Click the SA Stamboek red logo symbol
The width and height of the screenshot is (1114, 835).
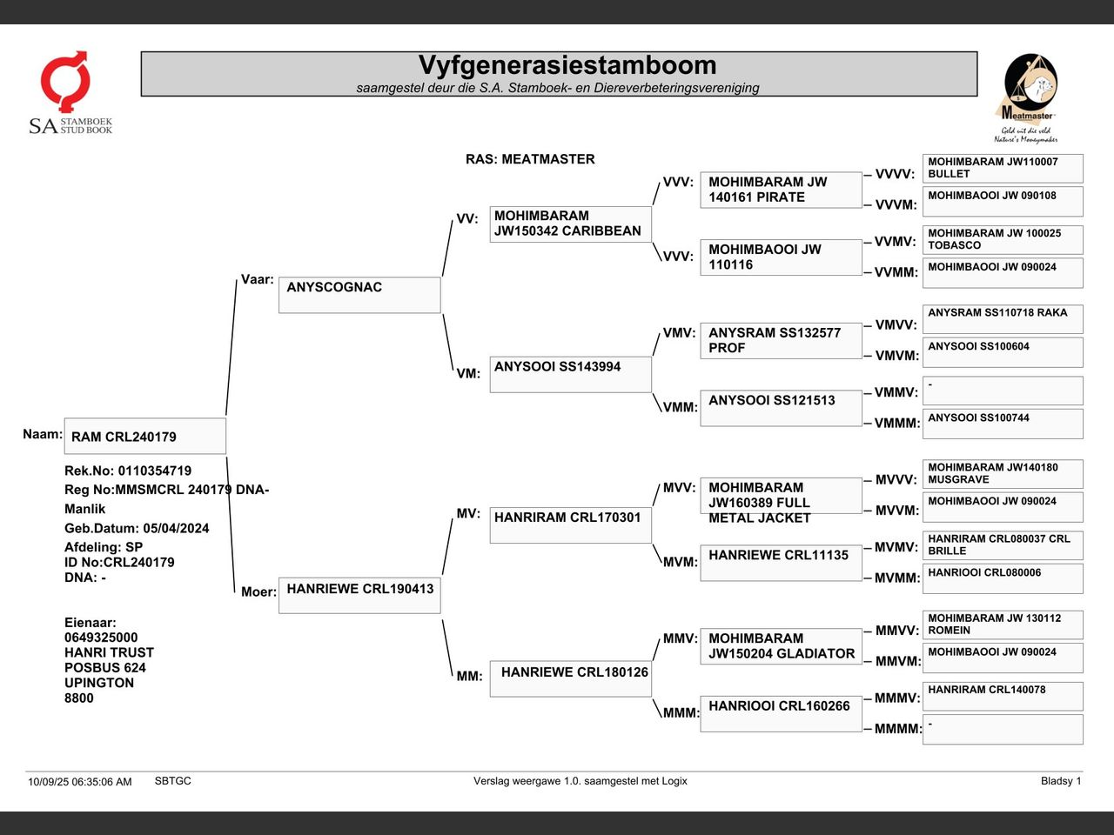65,81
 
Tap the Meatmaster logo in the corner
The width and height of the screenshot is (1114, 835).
1029,97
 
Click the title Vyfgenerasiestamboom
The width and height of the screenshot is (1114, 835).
567,65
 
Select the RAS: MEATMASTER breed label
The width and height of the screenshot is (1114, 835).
530,159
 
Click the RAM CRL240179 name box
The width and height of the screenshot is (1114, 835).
145,436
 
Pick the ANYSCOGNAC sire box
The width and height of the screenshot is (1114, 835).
359,295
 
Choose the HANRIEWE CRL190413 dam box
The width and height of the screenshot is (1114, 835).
359,595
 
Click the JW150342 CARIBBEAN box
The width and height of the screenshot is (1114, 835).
570,224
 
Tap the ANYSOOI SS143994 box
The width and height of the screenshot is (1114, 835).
570,374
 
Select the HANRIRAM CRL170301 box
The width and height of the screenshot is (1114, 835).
570,524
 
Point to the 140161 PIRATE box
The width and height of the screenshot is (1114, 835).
781,190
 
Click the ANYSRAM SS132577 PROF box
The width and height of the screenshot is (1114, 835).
781,341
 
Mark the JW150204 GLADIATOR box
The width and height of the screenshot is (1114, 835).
781,646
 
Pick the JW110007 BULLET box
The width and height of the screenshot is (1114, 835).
1003,169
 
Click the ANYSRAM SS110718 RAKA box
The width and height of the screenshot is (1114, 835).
1003,319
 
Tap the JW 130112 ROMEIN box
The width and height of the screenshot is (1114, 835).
1003,625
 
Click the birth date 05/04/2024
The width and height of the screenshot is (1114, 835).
176,528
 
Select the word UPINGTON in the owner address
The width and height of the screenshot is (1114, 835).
99,683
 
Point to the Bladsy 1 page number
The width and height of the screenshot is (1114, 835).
1061,781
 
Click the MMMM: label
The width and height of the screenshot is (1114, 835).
898,729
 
